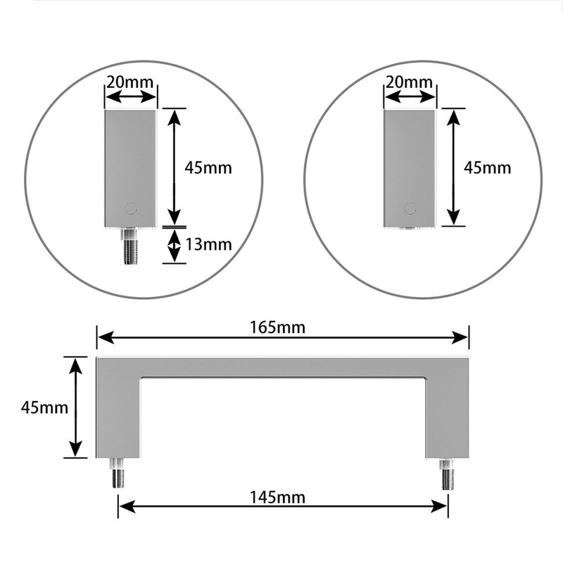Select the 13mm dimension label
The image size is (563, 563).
(208, 245)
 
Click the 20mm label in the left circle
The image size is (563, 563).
(130, 81)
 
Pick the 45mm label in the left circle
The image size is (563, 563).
(208, 168)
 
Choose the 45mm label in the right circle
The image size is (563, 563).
(487, 168)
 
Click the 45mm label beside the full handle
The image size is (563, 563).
(44, 407)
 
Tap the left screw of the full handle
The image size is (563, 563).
(118, 473)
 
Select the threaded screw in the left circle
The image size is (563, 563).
(130, 246)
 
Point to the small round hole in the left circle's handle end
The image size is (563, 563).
(129, 208)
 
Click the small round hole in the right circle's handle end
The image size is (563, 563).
(410, 208)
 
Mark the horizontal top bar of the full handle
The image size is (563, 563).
(281, 367)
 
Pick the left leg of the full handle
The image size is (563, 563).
(118, 415)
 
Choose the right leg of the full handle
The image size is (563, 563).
(447, 415)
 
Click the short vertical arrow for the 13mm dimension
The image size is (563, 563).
(173, 246)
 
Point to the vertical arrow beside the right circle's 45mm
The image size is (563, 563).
(454, 167)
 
